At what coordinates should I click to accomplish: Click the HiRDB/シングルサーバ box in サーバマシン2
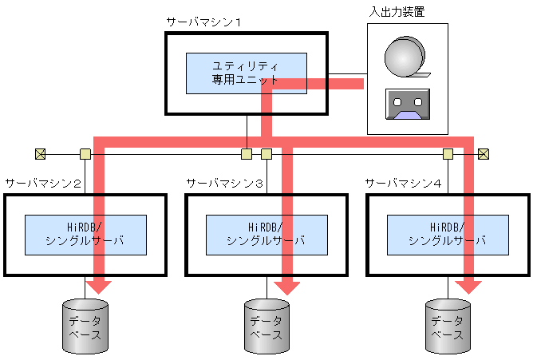(85, 233)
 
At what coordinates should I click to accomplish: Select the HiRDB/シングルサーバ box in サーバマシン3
(266, 233)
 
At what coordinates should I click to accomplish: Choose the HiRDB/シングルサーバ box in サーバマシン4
(448, 233)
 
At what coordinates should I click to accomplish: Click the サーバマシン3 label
(225, 183)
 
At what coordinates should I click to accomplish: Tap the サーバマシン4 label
(404, 183)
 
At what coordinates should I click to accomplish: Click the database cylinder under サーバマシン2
(85, 326)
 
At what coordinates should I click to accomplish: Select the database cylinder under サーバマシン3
(266, 326)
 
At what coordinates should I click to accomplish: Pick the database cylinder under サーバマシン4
(448, 326)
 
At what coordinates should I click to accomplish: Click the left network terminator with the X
(39, 153)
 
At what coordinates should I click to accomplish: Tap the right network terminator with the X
(483, 153)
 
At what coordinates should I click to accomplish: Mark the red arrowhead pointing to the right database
(469, 285)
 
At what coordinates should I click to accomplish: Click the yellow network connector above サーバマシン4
(448, 153)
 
